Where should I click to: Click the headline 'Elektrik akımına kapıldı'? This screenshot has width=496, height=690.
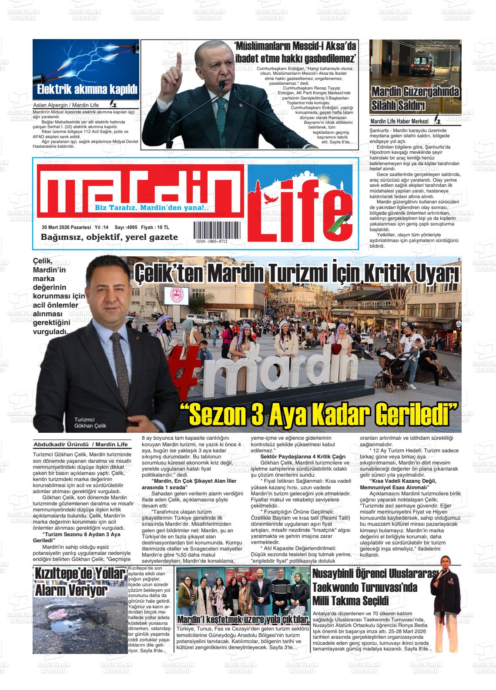click(87, 90)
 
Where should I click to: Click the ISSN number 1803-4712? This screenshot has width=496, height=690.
click(211, 241)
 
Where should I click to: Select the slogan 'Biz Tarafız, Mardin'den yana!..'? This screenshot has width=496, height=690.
click(152, 208)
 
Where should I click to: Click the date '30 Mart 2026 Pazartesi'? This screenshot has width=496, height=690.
click(66, 227)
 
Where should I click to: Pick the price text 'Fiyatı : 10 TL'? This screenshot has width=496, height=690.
click(155, 227)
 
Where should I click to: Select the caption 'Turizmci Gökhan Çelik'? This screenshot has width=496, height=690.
click(90, 422)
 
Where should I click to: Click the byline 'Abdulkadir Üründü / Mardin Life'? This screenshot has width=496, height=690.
click(81, 445)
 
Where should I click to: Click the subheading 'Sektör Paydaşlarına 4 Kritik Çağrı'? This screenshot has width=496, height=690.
click(302, 457)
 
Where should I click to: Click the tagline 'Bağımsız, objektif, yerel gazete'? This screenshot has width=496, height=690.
click(109, 237)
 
